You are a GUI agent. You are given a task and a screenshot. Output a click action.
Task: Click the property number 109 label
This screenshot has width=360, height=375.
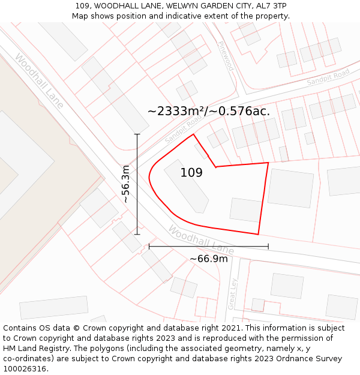pyautogui.click(x=191, y=173)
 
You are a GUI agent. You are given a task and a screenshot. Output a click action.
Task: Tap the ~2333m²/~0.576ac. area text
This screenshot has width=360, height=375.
pyautogui.click(x=209, y=111)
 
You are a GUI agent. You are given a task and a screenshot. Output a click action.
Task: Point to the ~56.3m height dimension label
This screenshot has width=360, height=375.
pyautogui.click(x=126, y=184)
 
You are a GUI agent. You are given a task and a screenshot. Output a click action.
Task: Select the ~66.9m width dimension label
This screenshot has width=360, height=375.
pyautogui.click(x=209, y=259)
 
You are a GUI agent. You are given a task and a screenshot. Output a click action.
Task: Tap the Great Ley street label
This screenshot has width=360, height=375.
pyautogui.click(x=233, y=293)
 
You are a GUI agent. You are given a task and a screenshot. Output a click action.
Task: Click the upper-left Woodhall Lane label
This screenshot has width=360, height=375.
pyautogui.click(x=39, y=81)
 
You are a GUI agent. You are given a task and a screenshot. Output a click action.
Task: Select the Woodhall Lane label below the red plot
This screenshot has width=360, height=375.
pyautogui.click(x=200, y=239)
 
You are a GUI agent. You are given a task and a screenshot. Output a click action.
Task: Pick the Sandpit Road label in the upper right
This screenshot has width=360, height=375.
pyautogui.click(x=328, y=77)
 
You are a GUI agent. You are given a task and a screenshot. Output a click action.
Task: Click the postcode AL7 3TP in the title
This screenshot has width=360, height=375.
pyautogui.click(x=272, y=6)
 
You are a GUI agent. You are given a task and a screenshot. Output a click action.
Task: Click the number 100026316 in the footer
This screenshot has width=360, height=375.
pyautogui.click(x=26, y=368)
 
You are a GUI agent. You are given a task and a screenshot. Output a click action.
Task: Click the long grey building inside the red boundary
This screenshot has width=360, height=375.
pyautogui.click(x=187, y=185)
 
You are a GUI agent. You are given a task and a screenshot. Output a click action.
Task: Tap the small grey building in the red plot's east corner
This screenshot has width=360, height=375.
pyautogui.click(x=245, y=210)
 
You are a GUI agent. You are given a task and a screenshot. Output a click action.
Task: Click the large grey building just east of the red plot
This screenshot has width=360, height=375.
pyautogui.click(x=290, y=188)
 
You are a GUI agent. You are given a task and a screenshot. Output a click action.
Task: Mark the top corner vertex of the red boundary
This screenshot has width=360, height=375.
pyautogui.click(x=193, y=134)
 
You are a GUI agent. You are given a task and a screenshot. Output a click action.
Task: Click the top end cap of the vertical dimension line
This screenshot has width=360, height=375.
pyautogui.click(x=137, y=134)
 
